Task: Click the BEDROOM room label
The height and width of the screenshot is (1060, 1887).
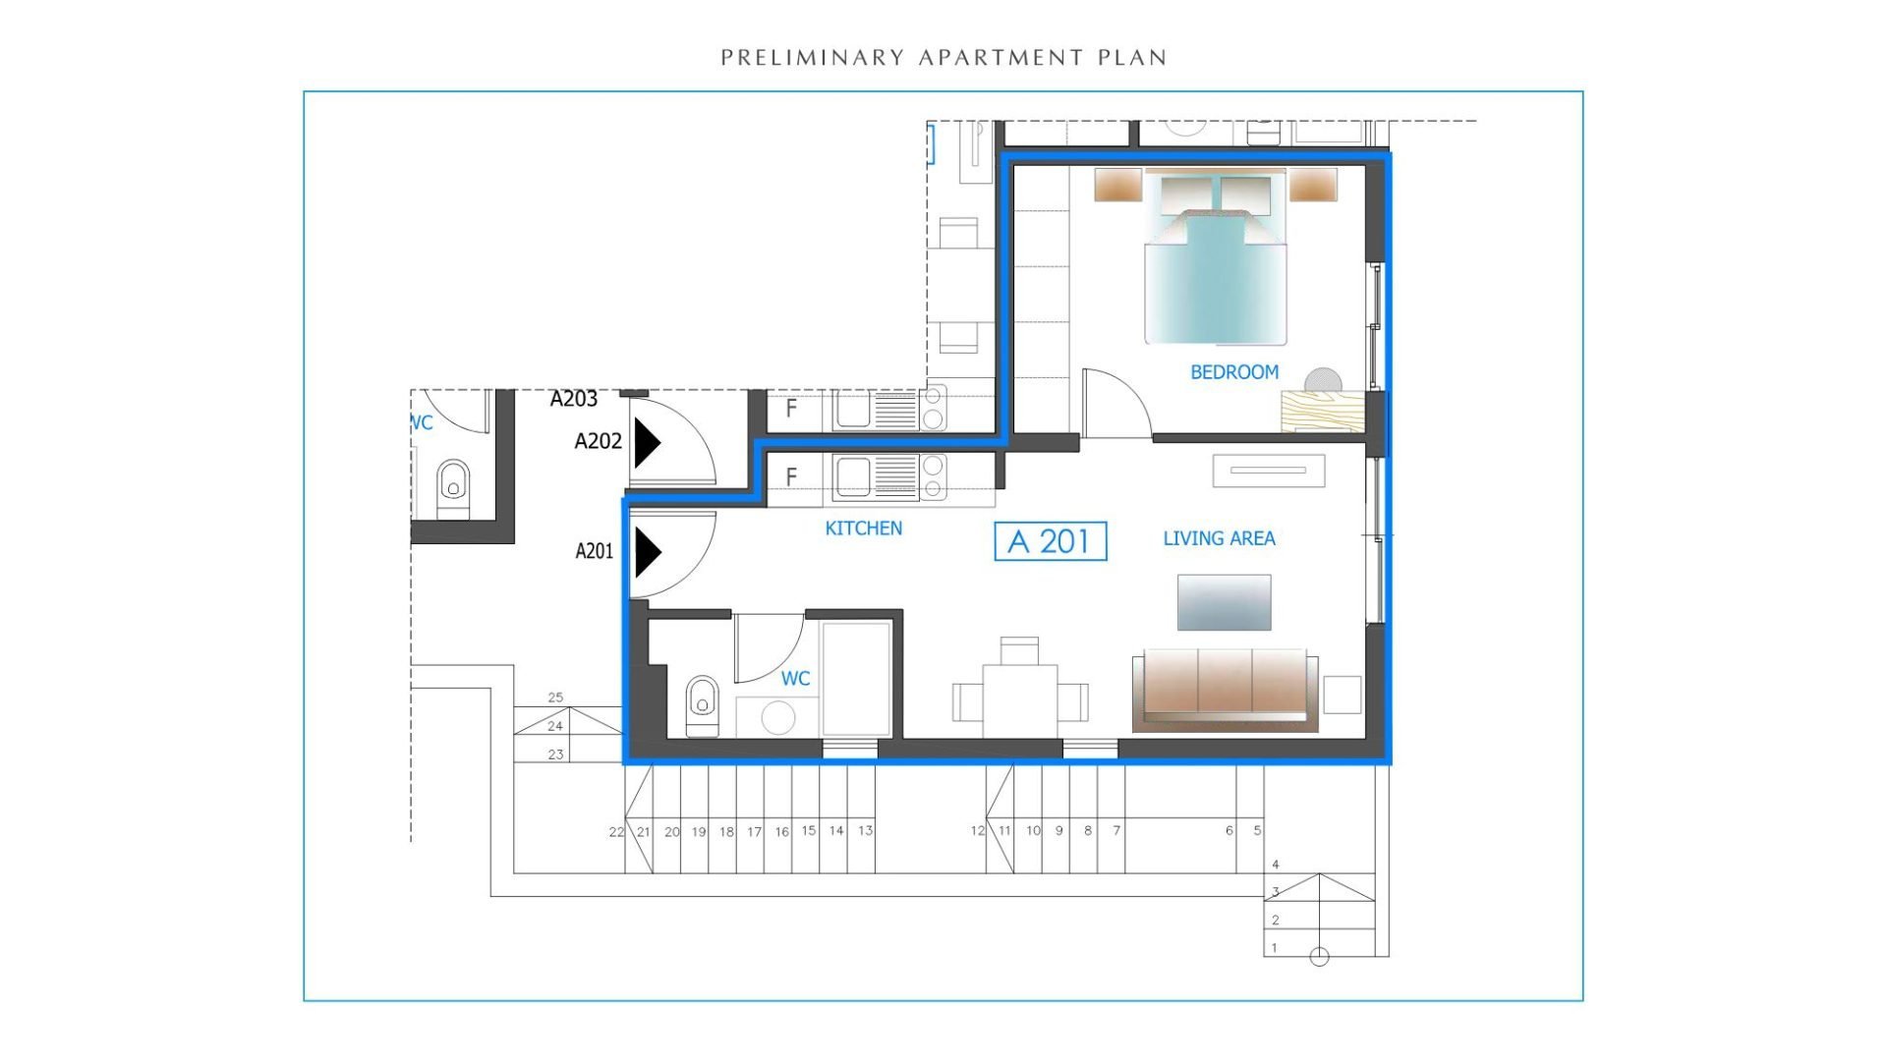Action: pyautogui.click(x=1234, y=372)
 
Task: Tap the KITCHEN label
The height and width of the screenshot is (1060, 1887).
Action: pyautogui.click(x=863, y=529)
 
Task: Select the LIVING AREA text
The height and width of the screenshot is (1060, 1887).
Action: pyautogui.click(x=1219, y=538)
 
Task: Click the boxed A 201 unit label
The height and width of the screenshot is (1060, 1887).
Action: pyautogui.click(x=1051, y=541)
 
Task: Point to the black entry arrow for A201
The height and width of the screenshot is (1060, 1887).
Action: pyautogui.click(x=648, y=552)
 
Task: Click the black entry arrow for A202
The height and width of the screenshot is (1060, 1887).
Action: pyautogui.click(x=647, y=443)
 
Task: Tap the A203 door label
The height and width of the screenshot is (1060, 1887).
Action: pyautogui.click(x=574, y=399)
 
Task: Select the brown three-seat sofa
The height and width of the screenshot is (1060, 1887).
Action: pyautogui.click(x=1226, y=689)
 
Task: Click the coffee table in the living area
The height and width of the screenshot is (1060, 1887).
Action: pyautogui.click(x=1225, y=601)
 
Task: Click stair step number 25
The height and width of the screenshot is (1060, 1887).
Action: pyautogui.click(x=555, y=697)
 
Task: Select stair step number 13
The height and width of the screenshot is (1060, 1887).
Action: pyautogui.click(x=865, y=830)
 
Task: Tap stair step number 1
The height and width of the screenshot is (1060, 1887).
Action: pyautogui.click(x=1275, y=948)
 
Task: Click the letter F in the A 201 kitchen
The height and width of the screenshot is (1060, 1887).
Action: pyautogui.click(x=791, y=477)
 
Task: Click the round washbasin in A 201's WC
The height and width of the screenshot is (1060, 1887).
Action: pyautogui.click(x=777, y=717)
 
